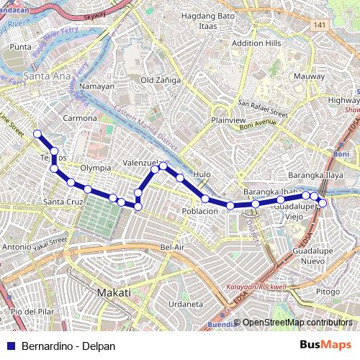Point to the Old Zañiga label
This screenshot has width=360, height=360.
[x=161, y=80]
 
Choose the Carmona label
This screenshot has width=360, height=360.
[x=80, y=117]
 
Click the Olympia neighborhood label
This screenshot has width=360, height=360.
[x=95, y=167]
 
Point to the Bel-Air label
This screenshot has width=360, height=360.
[x=174, y=247]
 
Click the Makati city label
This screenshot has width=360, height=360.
[x=114, y=293]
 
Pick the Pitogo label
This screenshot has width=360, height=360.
[x=328, y=292]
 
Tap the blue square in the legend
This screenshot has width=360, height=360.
[x=11, y=346]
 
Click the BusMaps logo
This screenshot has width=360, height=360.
[x=325, y=346]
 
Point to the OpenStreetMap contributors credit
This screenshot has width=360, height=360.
[x=297, y=323]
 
